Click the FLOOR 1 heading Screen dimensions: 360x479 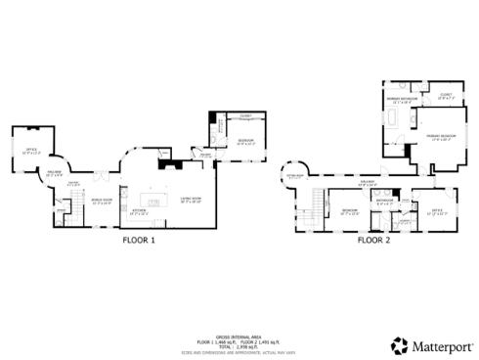(x=143, y=239)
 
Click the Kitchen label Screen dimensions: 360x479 (x=139, y=210)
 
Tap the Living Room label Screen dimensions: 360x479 (x=190, y=199)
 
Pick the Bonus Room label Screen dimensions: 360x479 (x=101, y=200)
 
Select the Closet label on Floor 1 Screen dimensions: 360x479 (x=245, y=115)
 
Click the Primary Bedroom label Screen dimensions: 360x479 (x=439, y=136)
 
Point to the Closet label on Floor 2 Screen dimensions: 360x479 (x=445, y=95)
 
